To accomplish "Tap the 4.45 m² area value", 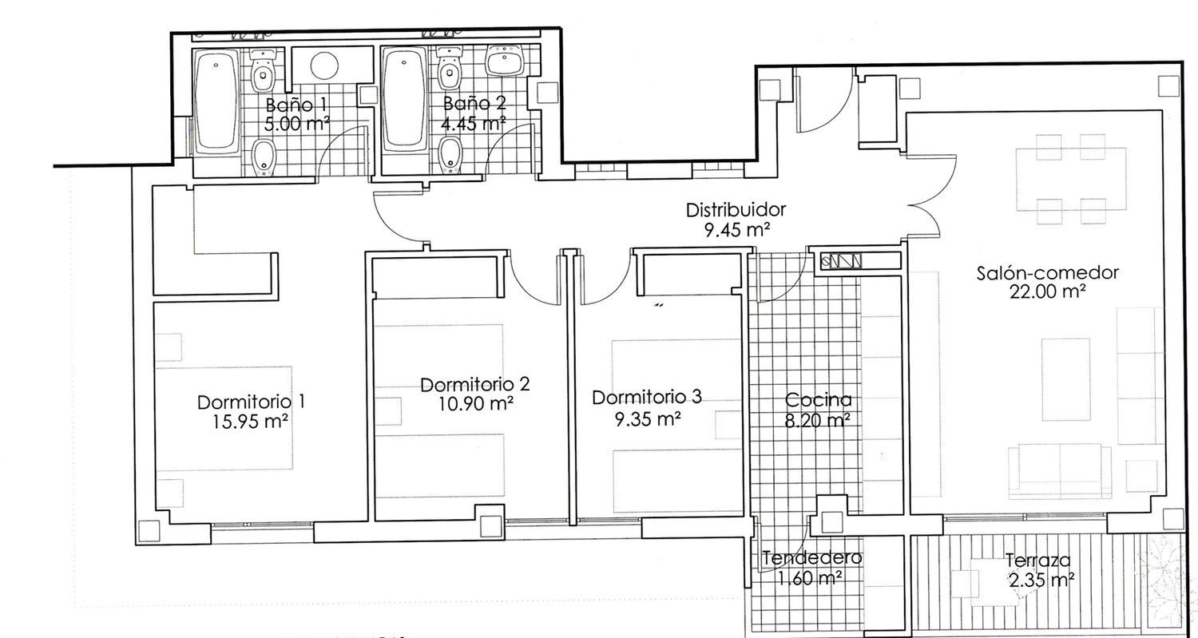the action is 474,124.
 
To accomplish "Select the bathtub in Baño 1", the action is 216,100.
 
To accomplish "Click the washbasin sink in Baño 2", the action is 504,59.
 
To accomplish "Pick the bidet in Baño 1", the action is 263,157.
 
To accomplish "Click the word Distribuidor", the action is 736,210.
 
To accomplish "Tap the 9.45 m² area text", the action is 736,230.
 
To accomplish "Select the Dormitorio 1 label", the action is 251,402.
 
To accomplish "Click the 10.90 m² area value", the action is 476,403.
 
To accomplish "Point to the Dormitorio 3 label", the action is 647,398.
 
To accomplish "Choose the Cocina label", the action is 818,399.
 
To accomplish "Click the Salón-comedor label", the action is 1047,273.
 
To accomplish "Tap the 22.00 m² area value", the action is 1047,292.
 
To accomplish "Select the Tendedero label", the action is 811,558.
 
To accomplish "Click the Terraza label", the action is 1037,561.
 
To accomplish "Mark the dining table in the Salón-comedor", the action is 1071,179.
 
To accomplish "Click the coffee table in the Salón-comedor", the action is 1065,380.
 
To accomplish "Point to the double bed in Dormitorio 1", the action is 224,418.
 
